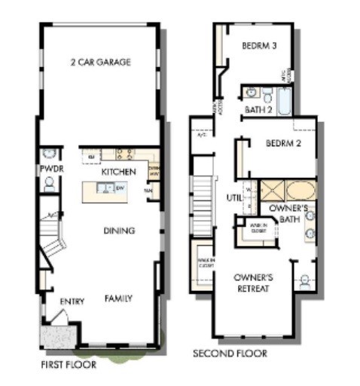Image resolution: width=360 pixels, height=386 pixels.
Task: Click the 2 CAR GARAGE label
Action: pyautogui.click(x=101, y=63)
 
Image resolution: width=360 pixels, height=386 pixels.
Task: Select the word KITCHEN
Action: pyautogui.click(x=119, y=173)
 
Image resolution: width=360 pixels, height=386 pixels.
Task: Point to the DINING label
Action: pyautogui.click(x=119, y=231)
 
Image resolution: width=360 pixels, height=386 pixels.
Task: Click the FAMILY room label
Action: pyautogui.click(x=118, y=299)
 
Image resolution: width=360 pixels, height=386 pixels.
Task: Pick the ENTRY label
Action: pyautogui.click(x=72, y=302)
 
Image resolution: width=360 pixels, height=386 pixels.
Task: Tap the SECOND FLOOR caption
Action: pyautogui.click(x=230, y=353)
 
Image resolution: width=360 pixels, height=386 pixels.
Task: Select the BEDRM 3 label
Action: pyautogui.click(x=260, y=46)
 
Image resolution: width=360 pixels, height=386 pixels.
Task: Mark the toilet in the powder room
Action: pyautogui.click(x=50, y=183)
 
